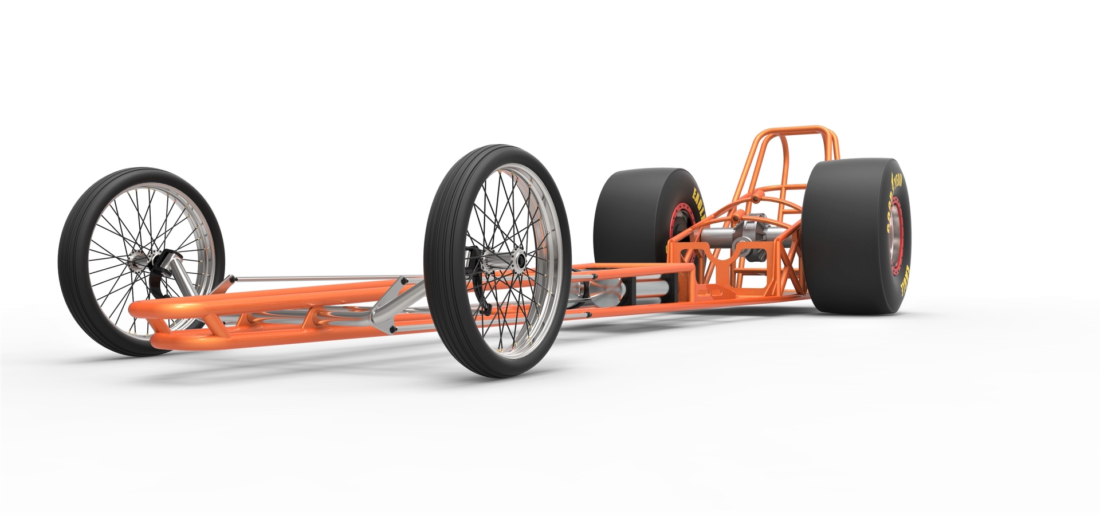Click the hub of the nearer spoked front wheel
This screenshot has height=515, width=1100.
coord(520,262)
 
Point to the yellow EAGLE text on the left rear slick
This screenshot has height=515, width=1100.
coord(698,206)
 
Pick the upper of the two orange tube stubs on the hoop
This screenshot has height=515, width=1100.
coord(757,198)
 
